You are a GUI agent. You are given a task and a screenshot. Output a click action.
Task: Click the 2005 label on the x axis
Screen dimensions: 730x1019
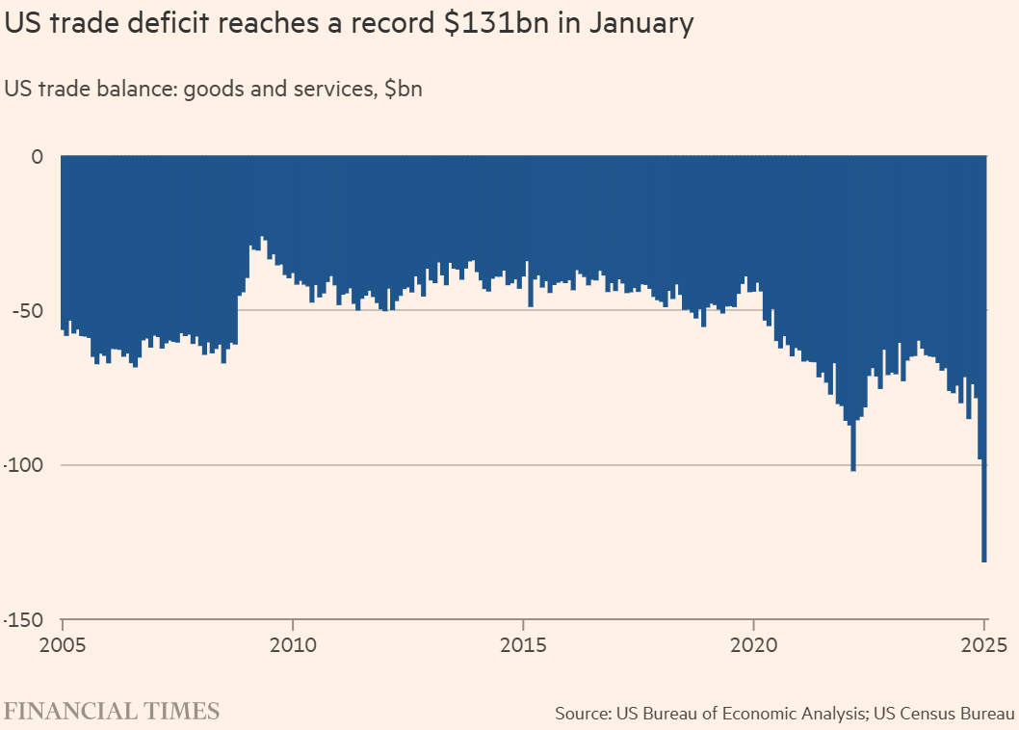[x=62, y=644]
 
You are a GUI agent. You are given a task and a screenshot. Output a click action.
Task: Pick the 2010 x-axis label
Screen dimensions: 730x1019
[x=292, y=644]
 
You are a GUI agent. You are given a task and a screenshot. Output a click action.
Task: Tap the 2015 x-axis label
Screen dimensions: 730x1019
[x=523, y=644]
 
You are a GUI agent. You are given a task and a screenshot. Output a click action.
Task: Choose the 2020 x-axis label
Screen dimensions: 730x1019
[x=753, y=644]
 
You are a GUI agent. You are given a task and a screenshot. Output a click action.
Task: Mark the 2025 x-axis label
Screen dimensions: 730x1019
[x=984, y=644]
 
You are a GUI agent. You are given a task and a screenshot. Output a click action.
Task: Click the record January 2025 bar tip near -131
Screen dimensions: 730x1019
[x=984, y=559]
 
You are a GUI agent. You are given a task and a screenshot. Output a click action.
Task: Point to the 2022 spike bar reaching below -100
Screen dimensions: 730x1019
[x=853, y=468]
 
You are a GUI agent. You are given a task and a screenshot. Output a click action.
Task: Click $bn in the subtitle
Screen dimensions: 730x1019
[x=404, y=90]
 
